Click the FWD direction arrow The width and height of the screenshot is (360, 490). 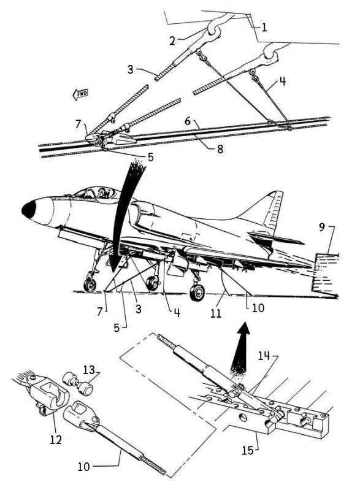coord(80,94)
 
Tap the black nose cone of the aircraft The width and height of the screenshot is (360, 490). coord(28,209)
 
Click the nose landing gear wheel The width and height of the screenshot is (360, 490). coord(90,285)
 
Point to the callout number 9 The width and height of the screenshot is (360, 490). coord(322,228)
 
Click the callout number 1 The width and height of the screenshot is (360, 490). coord(264,28)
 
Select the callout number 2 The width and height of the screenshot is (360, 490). coord(172,40)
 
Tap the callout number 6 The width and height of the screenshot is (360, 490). coord(188,121)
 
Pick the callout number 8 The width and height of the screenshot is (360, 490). coord(220,149)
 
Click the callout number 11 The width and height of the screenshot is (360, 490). coord(215,313)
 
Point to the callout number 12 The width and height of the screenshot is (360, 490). coord(56,439)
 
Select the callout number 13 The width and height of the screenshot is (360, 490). coord(89,370)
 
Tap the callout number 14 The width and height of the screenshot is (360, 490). coord(264,355)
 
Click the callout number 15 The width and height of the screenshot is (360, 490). coord(248,450)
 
